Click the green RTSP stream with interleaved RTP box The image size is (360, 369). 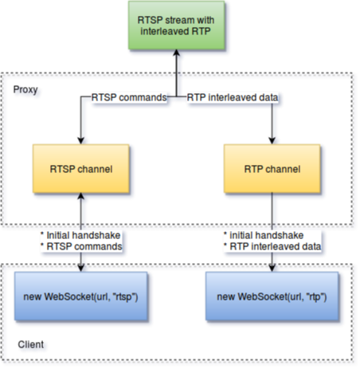pos(177,26)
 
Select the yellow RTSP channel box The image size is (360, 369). pos(81,169)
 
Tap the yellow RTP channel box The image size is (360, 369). pos(272,169)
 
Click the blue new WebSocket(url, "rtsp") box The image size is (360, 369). pos(81,296)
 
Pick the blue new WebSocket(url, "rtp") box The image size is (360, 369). pos(272,296)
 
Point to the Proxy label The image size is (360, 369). pos(25,90)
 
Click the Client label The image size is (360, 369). pos(31,344)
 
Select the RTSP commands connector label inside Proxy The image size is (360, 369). pos(129,97)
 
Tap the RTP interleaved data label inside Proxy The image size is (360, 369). pos(233,97)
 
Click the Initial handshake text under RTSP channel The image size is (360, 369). pos(84,235)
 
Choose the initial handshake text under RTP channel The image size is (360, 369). pos(267,235)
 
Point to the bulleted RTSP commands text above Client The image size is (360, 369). pos(84,246)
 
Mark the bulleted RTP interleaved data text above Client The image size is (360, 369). pos(276,246)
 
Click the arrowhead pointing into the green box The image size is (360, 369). pos(177,53)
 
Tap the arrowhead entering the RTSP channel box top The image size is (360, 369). pos(81,141)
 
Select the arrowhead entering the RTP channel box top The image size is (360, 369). pos(272,141)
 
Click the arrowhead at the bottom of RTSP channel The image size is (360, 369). pos(81,196)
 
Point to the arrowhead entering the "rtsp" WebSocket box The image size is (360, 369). pos(81,268)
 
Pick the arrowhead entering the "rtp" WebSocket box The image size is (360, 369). pos(272,268)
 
